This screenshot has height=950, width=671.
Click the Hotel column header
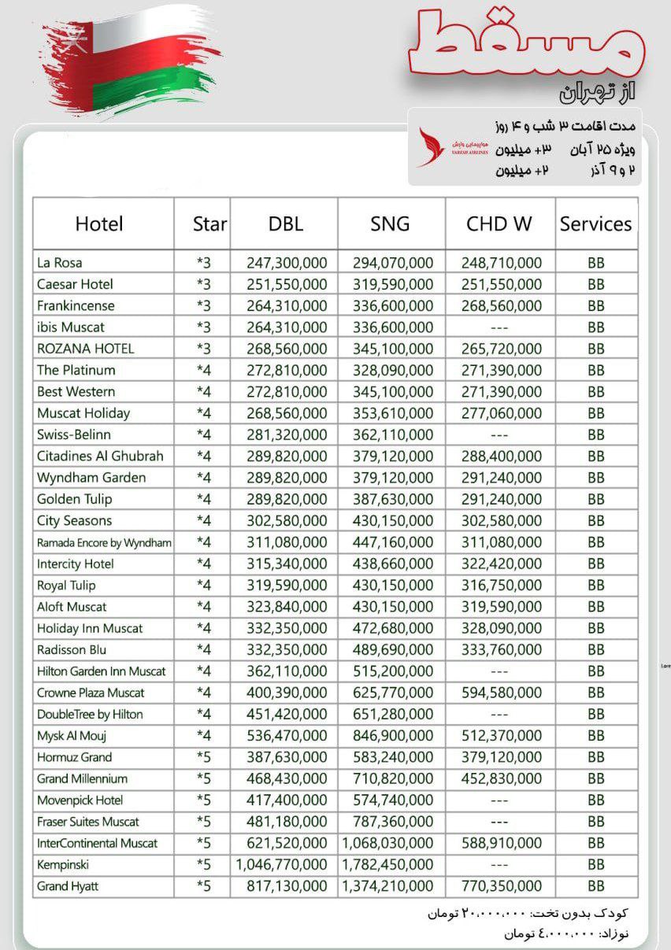tap(99, 224)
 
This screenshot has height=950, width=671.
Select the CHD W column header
tap(499, 224)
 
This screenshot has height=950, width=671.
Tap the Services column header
tap(595, 224)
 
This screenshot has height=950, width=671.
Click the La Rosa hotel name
tap(60, 263)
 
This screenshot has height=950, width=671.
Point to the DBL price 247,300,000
tap(287, 263)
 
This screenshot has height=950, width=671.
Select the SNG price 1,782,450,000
tap(387, 865)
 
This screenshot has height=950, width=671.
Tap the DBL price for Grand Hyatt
tap(287, 886)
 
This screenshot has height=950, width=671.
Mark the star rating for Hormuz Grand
tap(204, 757)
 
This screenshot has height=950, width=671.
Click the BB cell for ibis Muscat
tap(596, 327)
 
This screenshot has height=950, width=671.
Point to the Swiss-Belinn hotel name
tap(74, 434)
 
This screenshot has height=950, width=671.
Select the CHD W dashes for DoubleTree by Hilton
tap(499, 715)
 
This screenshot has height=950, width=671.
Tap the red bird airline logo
tap(431, 148)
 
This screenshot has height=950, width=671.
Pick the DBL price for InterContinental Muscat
tap(287, 844)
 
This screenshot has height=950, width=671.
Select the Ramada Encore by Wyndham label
tap(104, 542)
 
